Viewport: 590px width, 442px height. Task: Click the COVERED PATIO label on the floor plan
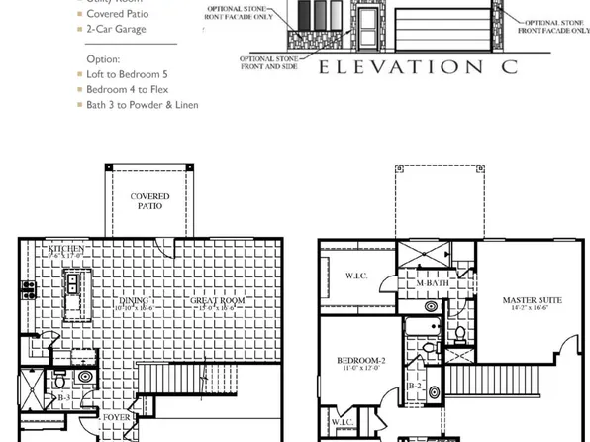tap(150, 202)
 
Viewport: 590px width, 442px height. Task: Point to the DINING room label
tap(136, 299)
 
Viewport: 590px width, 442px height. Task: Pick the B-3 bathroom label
tap(64, 398)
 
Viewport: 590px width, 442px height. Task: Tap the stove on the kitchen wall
tap(29, 290)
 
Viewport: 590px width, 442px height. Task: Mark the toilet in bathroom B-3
tap(60, 378)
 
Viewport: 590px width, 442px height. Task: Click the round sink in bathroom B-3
tap(85, 377)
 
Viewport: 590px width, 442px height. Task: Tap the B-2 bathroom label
tap(416, 386)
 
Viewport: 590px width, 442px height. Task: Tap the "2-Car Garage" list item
tap(116, 29)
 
